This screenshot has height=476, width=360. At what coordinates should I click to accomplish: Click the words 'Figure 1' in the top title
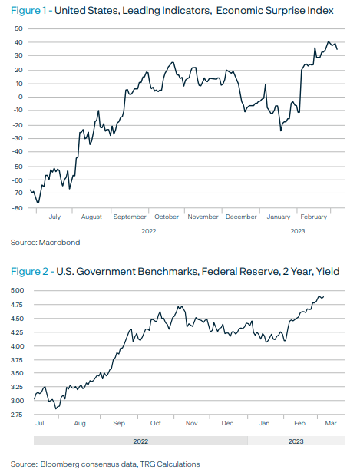pos(28,11)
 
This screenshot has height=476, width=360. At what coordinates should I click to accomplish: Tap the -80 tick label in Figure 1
pos(17,208)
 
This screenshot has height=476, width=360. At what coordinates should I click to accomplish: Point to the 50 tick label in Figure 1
pos(18,28)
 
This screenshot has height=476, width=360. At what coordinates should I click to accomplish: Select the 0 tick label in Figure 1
pos(20,98)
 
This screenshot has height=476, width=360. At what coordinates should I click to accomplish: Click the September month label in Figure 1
pos(130,217)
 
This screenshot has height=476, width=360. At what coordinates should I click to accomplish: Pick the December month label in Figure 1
pos(241,217)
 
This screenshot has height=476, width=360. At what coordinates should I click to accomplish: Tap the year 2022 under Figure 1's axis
pos(148,231)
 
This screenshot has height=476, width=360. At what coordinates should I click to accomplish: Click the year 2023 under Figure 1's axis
pos(298,231)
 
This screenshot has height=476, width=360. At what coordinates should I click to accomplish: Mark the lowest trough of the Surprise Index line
pos(38,202)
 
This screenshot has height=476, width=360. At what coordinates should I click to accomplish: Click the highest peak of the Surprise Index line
pos(328,41)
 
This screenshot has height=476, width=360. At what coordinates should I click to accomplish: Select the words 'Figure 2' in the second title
pos(29,271)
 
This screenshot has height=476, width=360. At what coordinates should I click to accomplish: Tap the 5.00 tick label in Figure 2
pos(17,290)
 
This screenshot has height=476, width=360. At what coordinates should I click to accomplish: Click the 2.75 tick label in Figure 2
pos(17,415)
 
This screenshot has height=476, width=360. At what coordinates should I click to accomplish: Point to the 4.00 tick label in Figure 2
pos(17,346)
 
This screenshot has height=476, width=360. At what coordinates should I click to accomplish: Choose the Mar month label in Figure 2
pos(331,423)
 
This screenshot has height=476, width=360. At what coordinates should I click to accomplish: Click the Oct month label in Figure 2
pos(156,423)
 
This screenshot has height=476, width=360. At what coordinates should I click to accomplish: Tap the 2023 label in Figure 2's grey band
pos(296,441)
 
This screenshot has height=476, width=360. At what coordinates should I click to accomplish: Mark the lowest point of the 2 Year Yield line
pos(56,408)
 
